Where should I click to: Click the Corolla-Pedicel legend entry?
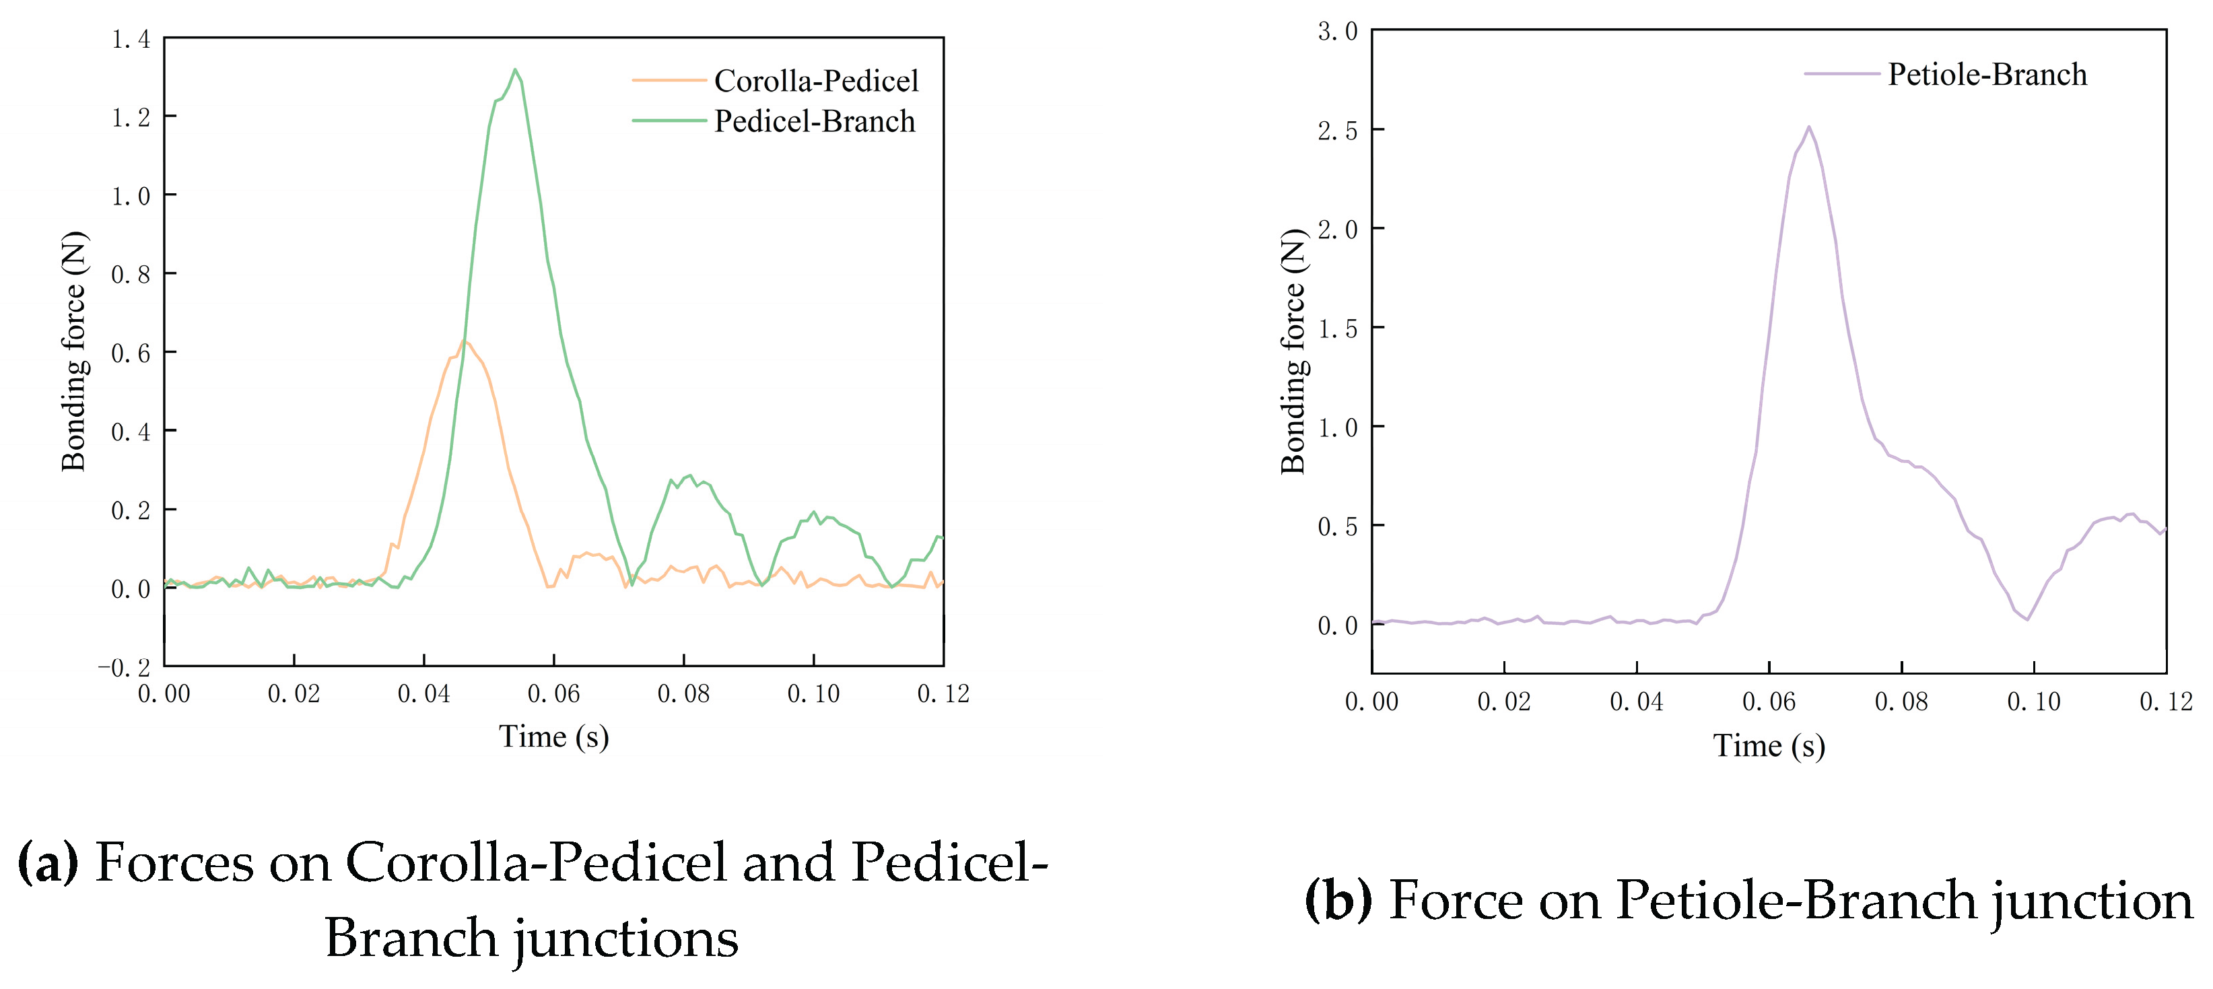(815, 81)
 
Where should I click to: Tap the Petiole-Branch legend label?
(1986, 75)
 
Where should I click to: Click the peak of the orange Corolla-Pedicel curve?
(465, 341)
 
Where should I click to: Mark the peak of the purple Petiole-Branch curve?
(1808, 127)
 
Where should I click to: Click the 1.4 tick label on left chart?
(131, 40)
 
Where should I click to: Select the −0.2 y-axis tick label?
(125, 668)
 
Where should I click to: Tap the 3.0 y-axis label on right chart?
(1338, 32)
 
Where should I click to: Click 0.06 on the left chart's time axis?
(553, 694)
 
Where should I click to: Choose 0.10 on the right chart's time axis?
(2033, 702)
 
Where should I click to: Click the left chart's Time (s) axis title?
(553, 737)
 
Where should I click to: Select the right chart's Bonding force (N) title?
(1293, 352)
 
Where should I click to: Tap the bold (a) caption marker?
(47, 862)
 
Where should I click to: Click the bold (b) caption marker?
(1338, 901)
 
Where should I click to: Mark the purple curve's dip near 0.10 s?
(2027, 619)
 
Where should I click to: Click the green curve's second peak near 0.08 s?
(689, 475)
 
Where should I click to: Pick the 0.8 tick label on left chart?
(131, 275)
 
